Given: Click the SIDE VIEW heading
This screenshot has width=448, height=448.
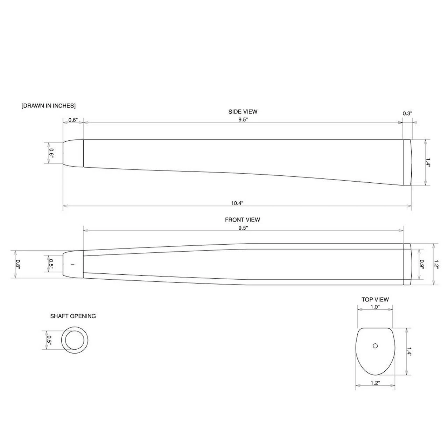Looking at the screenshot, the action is tap(243, 112).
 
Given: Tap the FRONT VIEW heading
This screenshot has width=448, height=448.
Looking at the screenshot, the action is tap(242, 220).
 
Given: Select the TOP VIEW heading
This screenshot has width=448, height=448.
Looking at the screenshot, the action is tap(375, 300).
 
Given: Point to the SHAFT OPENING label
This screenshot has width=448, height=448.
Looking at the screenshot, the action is tap(73, 316).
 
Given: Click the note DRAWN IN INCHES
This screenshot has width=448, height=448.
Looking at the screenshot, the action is tap(48, 106).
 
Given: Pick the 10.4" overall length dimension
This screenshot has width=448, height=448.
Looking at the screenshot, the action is tap(237, 203).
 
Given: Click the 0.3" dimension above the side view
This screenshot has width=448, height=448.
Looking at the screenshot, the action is tap(407, 113).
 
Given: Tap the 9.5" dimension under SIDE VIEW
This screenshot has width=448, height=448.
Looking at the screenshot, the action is tap(243, 120).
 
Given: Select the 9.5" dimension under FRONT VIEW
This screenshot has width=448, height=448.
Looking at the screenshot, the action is tap(243, 228).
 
